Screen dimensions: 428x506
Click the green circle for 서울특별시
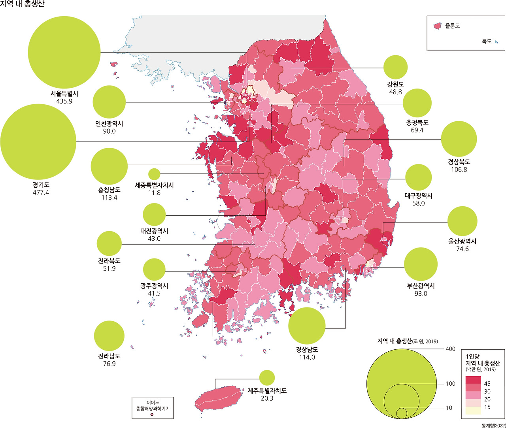click(x=64, y=52)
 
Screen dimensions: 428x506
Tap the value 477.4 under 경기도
click(x=41, y=192)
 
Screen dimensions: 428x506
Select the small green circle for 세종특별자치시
click(x=154, y=173)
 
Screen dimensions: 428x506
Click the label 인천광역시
click(x=109, y=123)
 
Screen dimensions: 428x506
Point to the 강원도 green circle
click(x=395, y=67)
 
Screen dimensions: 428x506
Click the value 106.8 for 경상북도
click(x=459, y=170)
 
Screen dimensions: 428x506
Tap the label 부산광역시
click(x=421, y=286)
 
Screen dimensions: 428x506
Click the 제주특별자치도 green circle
click(x=267, y=377)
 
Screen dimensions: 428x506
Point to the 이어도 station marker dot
click(x=152, y=415)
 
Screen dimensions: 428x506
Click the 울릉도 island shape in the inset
click(x=437, y=26)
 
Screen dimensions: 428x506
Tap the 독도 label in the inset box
click(x=486, y=41)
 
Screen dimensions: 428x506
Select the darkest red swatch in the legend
click(x=473, y=380)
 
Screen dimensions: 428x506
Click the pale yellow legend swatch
click(x=473, y=410)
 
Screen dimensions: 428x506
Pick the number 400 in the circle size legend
click(x=451, y=349)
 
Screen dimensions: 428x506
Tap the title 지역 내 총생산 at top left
click(x=23, y=4)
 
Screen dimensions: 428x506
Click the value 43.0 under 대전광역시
click(x=154, y=239)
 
